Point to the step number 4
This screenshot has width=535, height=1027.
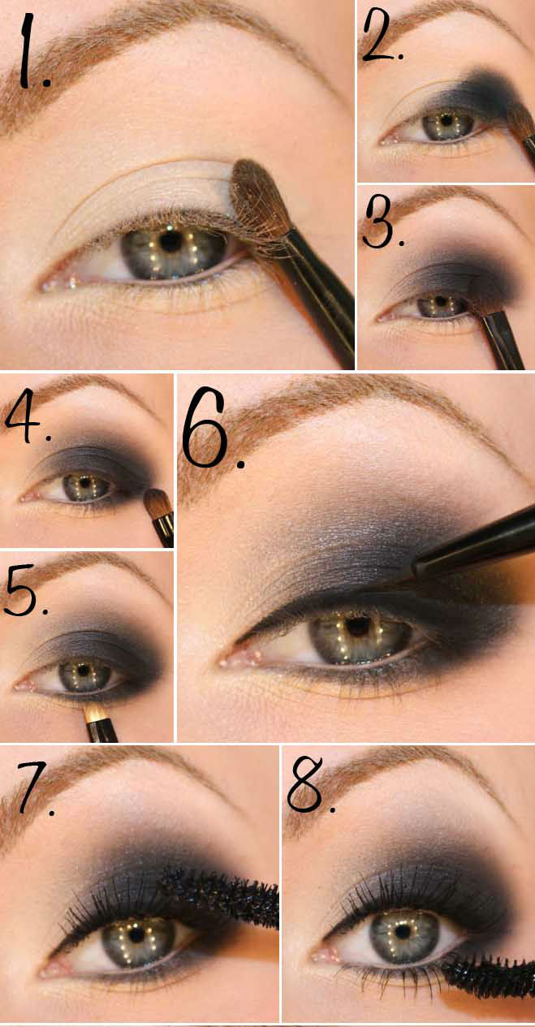(27, 418)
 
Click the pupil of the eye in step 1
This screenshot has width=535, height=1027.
(170, 241)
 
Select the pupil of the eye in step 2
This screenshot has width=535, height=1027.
(445, 122)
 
